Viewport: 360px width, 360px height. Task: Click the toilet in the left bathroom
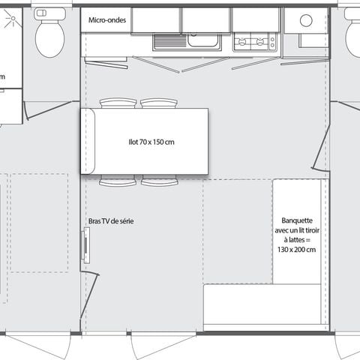(x=50, y=34)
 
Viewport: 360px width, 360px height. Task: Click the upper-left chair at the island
(x=118, y=103)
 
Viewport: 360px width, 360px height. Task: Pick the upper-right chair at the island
(x=159, y=103)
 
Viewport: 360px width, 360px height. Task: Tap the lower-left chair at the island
(x=118, y=181)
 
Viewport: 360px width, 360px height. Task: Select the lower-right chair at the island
(x=159, y=181)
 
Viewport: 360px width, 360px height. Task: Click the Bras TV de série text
(x=111, y=222)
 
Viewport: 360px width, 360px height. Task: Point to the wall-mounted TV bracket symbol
(x=86, y=246)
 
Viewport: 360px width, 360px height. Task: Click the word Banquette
(x=298, y=220)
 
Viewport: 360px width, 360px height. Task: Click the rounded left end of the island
(x=88, y=142)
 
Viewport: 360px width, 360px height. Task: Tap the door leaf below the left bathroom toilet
(x=49, y=110)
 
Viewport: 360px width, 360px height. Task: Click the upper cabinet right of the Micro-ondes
(x=155, y=20)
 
